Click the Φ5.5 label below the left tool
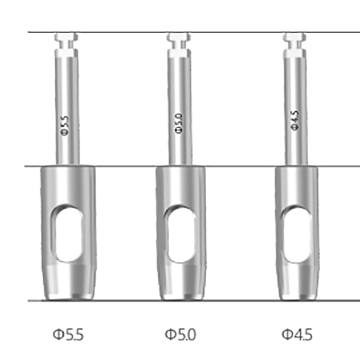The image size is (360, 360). (68, 335)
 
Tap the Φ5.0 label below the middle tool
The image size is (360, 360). (180, 335)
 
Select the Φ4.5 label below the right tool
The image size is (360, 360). (297, 335)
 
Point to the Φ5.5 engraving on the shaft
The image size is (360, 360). (64, 126)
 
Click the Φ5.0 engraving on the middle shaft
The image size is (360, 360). (179, 123)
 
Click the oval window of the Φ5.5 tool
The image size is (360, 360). (68, 234)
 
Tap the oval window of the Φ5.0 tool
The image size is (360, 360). (181, 234)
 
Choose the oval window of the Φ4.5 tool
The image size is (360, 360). (297, 234)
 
